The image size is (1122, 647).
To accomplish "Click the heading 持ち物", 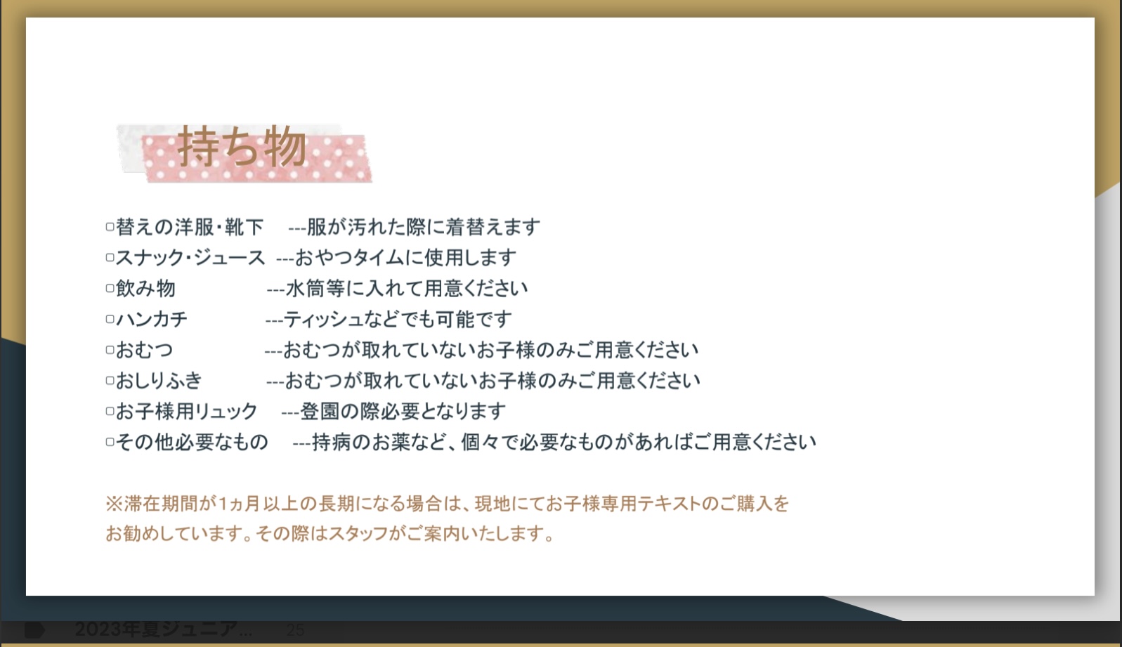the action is [x=242, y=146].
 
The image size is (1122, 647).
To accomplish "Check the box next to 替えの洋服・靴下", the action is [x=110, y=227].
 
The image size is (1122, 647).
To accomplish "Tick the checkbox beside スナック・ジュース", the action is [x=110, y=257].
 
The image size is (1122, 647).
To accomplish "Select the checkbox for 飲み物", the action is [x=110, y=289].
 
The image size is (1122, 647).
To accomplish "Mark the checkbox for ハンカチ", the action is [x=110, y=319].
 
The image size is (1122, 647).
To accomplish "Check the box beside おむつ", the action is [x=110, y=350].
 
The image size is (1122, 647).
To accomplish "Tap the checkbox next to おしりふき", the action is [x=110, y=381].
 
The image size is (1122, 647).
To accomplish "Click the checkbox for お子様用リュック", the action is [x=110, y=411].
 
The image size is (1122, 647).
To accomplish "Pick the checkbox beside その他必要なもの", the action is [x=110, y=442].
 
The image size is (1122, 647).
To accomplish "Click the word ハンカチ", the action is [x=152, y=319].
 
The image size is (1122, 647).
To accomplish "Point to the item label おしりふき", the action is [x=159, y=381].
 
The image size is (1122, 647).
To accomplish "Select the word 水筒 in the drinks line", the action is [x=305, y=289].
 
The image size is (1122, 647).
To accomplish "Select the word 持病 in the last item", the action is [x=331, y=442].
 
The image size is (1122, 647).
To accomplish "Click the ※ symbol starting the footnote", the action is [x=114, y=504].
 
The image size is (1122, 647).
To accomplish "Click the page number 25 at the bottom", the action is [x=295, y=630].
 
